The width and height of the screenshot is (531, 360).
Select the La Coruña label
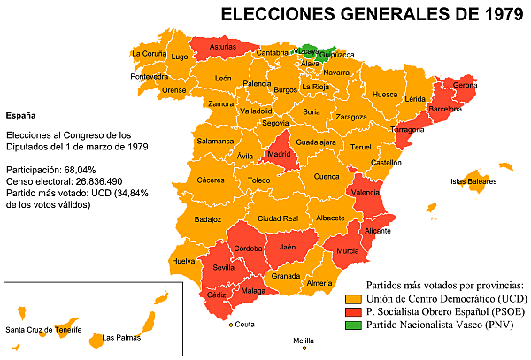click(x=148, y=53)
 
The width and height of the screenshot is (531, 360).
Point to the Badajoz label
click(x=207, y=219)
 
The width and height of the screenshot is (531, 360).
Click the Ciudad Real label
click(x=277, y=218)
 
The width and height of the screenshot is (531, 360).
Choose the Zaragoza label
click(x=350, y=117)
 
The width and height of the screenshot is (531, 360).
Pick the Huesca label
click(x=385, y=94)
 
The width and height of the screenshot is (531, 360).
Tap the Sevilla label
click(x=223, y=267)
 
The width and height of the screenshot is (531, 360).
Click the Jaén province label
click(x=286, y=248)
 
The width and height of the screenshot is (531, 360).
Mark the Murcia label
click(x=347, y=251)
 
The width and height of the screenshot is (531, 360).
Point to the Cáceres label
click(x=211, y=180)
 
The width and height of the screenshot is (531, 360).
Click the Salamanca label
click(x=215, y=141)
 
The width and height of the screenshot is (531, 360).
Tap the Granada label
click(x=286, y=276)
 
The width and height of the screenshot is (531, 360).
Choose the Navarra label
click(x=336, y=73)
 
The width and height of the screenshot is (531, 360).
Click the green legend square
click(x=353, y=326)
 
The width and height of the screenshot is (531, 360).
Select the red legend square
click(x=353, y=312)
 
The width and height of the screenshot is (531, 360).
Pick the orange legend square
click(x=353, y=299)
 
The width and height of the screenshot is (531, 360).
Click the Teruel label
click(x=360, y=147)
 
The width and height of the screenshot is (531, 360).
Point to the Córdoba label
click(x=248, y=249)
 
